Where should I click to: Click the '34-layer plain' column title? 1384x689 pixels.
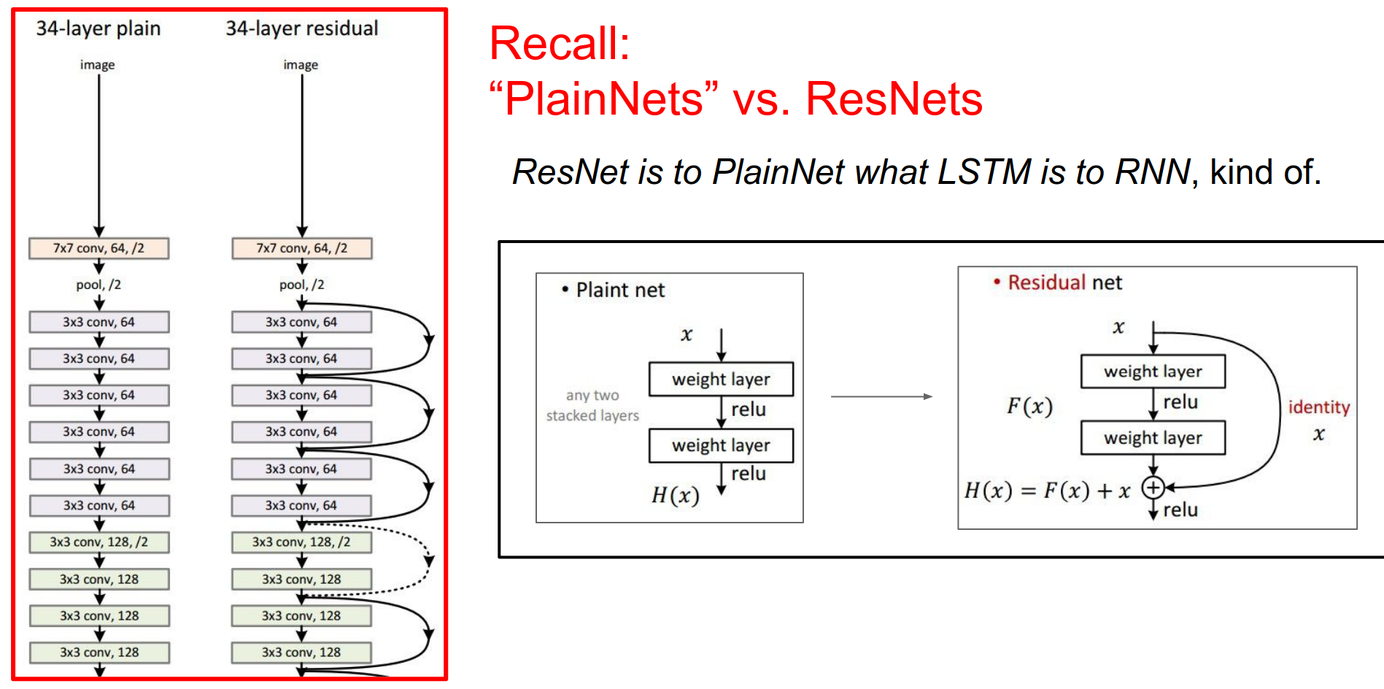(98, 28)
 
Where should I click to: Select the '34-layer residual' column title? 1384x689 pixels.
(301, 28)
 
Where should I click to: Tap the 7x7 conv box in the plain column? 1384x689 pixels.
(98, 248)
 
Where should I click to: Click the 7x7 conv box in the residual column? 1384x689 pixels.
(301, 248)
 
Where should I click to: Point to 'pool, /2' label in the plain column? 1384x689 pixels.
(98, 285)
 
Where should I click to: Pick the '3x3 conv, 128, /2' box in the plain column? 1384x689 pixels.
(98, 542)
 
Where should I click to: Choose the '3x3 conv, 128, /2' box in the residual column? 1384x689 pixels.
(301, 542)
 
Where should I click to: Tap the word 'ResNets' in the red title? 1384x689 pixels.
(894, 99)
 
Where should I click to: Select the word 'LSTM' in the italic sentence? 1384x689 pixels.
(983, 172)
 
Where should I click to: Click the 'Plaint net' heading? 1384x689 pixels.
(619, 290)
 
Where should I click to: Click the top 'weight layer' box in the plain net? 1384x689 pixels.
(721, 380)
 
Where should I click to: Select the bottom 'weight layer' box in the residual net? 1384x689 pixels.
(1153, 438)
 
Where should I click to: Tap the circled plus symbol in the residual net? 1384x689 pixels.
(1153, 488)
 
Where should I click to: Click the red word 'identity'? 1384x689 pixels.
(1318, 407)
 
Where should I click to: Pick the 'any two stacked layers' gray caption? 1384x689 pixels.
(592, 405)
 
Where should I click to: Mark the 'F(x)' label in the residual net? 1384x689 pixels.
(1029, 406)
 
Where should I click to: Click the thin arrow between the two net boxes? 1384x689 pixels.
(881, 396)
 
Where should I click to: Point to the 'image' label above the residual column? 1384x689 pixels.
(301, 65)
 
